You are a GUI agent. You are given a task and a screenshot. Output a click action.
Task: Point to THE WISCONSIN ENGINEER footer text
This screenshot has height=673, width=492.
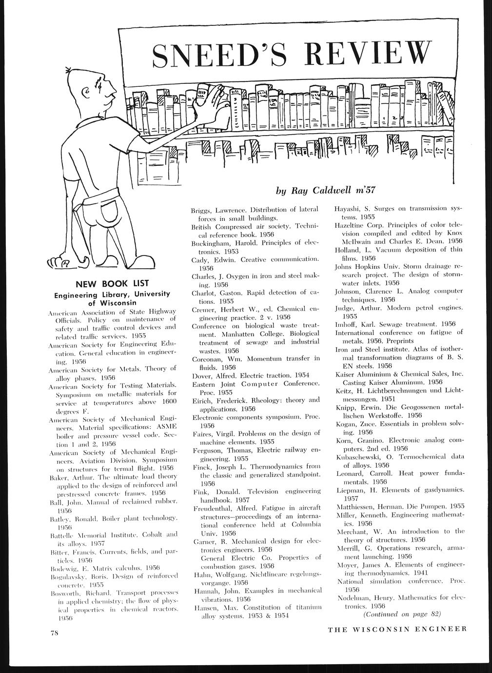point(397,629)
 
